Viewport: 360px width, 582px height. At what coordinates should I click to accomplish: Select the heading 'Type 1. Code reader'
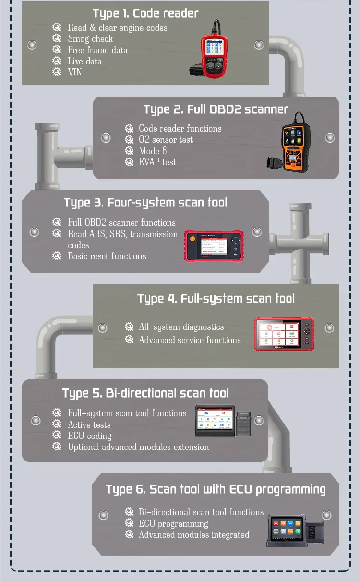click(x=145, y=13)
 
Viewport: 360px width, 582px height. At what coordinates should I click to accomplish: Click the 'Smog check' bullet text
click(x=90, y=39)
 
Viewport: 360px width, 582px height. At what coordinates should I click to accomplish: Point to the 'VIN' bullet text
click(x=75, y=72)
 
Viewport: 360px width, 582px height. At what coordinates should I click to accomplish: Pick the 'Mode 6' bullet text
click(x=153, y=151)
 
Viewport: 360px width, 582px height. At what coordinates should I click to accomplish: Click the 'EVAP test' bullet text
click(x=157, y=162)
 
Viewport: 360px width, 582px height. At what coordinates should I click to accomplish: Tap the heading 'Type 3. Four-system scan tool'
click(x=145, y=203)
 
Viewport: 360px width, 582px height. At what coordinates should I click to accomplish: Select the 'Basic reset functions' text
click(x=107, y=256)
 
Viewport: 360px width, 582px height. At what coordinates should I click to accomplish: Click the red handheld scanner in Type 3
click(x=214, y=246)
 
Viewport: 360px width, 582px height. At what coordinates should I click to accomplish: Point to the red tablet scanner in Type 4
click(x=284, y=334)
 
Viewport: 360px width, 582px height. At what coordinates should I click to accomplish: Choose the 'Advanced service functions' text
click(x=190, y=340)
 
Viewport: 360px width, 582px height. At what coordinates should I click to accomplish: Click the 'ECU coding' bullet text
click(x=90, y=436)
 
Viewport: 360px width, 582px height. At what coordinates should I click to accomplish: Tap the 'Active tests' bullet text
click(x=89, y=424)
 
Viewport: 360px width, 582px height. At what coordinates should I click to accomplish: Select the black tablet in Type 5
click(x=215, y=420)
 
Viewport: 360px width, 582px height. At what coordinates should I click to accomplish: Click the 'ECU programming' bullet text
click(x=173, y=523)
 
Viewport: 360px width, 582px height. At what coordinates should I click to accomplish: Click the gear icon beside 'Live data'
click(x=57, y=61)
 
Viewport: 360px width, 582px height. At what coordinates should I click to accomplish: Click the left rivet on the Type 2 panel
click(x=106, y=138)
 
